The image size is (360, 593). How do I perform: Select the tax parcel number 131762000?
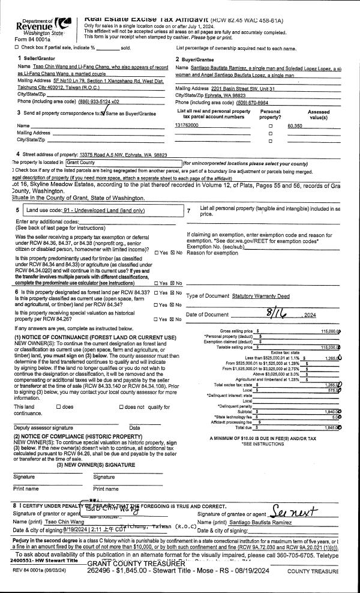point(187,125)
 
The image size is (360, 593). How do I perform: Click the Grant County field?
point(122,163)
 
